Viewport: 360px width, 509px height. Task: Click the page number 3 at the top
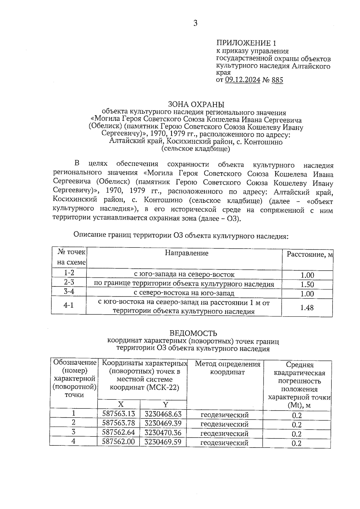point(195,23)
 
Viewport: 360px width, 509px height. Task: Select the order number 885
point(277,80)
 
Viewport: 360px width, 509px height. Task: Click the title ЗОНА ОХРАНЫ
point(196,104)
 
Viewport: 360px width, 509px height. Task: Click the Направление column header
point(186,253)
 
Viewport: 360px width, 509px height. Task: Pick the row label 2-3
point(69,282)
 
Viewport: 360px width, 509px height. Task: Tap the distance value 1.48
point(307,307)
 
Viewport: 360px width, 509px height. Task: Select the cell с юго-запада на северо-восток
point(184,274)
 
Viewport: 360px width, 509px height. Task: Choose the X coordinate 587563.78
point(118,423)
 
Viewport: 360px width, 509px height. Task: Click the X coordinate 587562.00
point(118,442)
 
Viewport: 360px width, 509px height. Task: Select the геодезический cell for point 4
point(224,443)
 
